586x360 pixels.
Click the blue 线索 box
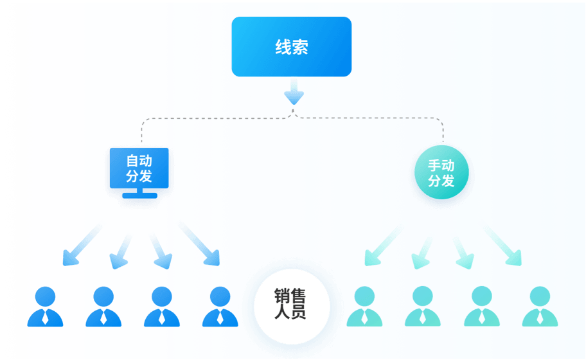291,47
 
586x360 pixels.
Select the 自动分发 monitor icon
139,168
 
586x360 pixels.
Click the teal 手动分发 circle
441,172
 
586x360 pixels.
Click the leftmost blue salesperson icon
45,307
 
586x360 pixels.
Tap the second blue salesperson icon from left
103,307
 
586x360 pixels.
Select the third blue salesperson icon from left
162,307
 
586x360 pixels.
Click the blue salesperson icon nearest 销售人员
220,307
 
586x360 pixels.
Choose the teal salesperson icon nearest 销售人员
364,307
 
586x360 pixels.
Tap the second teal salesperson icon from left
422,307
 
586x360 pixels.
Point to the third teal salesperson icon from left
481,307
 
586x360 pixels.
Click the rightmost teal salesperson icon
540,307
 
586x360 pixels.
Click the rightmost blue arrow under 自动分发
200,244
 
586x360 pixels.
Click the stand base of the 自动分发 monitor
139,195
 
